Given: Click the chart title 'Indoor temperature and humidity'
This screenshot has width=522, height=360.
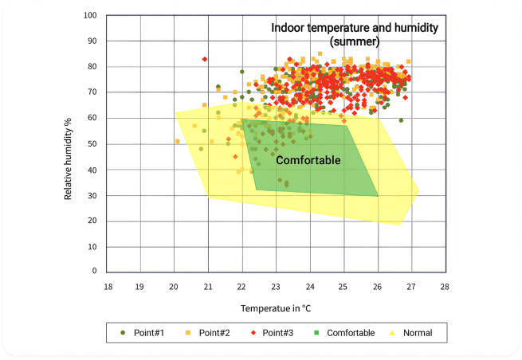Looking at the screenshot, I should tap(355, 28).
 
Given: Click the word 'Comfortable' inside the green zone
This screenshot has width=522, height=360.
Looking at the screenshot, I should tap(308, 161).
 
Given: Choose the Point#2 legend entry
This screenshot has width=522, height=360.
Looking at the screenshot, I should tap(209, 332).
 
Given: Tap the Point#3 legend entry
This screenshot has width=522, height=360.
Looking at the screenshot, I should tap(275, 332).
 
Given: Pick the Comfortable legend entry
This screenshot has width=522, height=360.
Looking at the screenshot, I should tap(346, 332).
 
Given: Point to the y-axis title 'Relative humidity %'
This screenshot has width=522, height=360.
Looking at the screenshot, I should tap(69, 158).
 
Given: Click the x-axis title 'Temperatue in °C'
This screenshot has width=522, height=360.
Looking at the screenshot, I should tap(276, 307).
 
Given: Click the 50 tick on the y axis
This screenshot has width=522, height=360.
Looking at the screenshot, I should tap(92, 144).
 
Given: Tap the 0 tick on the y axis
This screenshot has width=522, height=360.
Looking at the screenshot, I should tap(95, 273).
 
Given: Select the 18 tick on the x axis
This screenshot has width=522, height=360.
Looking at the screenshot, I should tap(107, 285).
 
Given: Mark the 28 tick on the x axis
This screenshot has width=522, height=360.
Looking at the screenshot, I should tap(444, 285).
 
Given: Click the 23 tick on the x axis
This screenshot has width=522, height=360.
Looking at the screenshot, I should tap(275, 285).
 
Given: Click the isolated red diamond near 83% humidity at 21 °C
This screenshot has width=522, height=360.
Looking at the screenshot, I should tap(205, 59).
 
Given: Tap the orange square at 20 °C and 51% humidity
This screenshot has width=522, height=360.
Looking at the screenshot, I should tap(178, 142).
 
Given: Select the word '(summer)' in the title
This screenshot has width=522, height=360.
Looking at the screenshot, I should tap(355, 41).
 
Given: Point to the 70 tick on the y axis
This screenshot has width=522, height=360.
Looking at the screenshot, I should tap(92, 92).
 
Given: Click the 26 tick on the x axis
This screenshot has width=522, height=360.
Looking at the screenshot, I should tap(376, 285).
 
